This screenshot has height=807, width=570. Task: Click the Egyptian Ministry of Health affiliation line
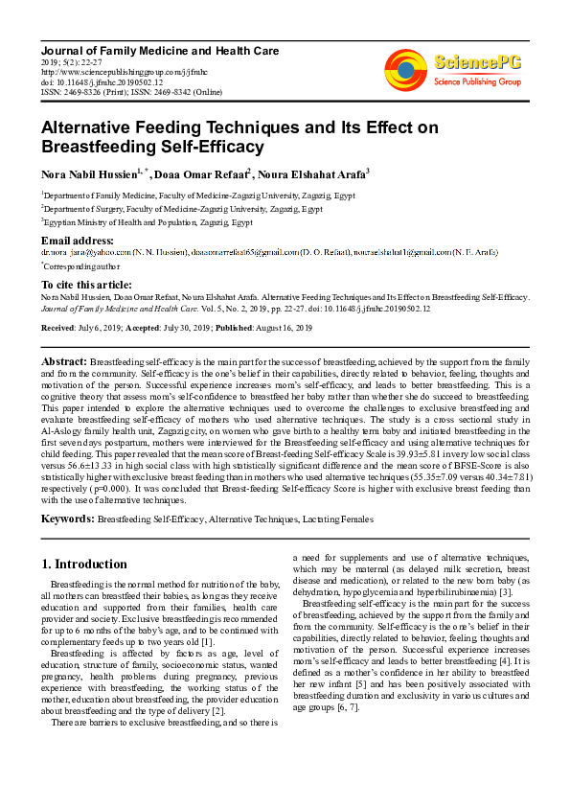pyautogui.click(x=147, y=221)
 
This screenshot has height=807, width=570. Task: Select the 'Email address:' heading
pyautogui.click(x=78, y=240)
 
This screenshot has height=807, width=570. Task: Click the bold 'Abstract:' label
pyautogui.click(x=63, y=360)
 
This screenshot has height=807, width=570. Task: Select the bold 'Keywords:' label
pyautogui.click(x=67, y=519)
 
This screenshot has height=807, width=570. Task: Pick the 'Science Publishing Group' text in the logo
pyautogui.click(x=476, y=82)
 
